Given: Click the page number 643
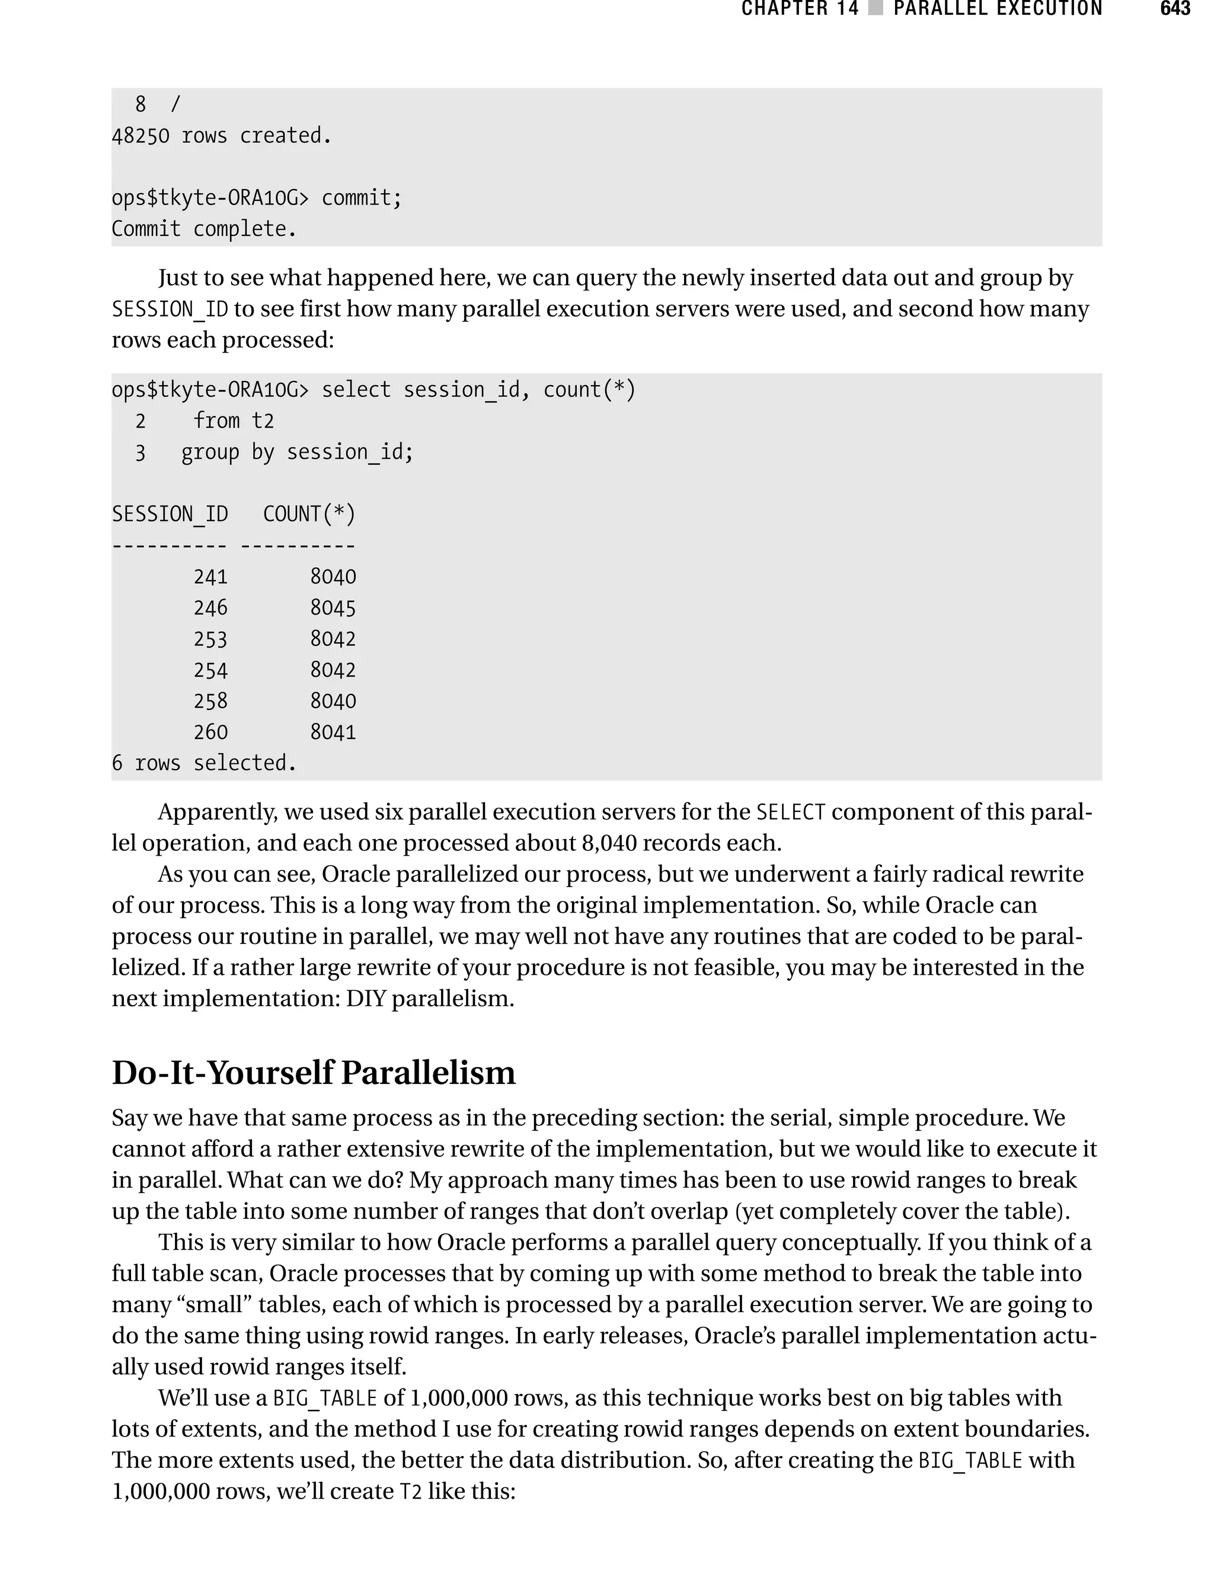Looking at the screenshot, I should [1175, 9].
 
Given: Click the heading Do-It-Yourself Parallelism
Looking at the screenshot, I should [314, 1073].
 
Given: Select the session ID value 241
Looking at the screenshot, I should [210, 577].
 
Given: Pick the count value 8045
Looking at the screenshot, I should [333, 608].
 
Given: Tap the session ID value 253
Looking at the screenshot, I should [210, 639].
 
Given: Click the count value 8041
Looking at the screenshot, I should [333, 732].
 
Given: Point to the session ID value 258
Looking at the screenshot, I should [210, 702].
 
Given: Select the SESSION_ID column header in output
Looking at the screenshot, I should [170, 514].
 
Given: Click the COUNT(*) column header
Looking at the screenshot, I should [309, 514].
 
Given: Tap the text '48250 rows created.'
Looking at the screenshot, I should [221, 136].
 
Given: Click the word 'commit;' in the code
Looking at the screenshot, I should [362, 198].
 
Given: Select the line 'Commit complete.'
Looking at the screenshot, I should [204, 229].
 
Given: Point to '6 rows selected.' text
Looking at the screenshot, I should [204, 763].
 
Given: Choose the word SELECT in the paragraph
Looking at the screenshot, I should [791, 812].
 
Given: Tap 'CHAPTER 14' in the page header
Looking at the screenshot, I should [800, 9].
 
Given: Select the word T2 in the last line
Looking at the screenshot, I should [410, 1492].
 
